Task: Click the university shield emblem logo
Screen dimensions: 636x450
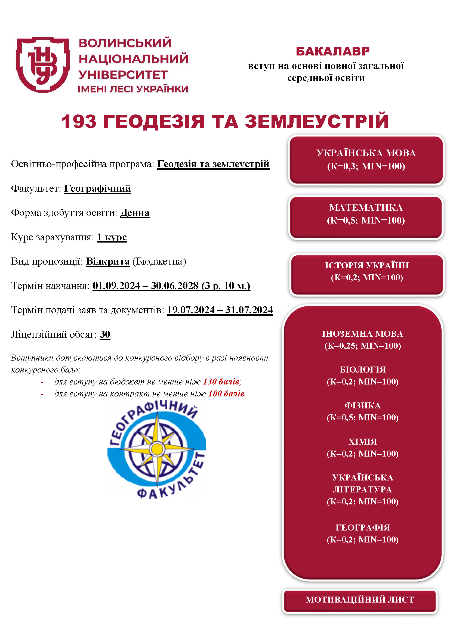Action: click(43, 64)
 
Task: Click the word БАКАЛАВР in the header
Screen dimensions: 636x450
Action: click(332, 51)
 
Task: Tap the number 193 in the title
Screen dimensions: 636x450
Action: click(79, 121)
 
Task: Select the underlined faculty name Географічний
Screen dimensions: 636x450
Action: click(98, 189)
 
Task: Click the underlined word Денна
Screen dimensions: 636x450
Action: click(135, 213)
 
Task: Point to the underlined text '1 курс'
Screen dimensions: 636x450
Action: click(112, 237)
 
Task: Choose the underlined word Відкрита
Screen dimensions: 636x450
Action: click(108, 261)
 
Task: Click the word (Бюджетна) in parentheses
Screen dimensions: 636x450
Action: click(159, 261)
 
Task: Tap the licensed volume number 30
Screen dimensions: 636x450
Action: click(105, 334)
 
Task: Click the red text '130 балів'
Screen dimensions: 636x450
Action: click(222, 382)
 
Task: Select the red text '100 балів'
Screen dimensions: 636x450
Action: click(227, 394)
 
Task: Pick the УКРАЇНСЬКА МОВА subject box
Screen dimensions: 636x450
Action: click(366, 160)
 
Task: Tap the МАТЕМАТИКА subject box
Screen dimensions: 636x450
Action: click(366, 214)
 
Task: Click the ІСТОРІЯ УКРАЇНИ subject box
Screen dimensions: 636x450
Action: click(367, 271)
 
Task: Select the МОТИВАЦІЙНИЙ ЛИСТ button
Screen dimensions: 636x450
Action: click(360, 600)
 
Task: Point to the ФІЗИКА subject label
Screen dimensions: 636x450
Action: click(362, 405)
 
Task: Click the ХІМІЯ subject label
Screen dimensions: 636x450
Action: click(362, 442)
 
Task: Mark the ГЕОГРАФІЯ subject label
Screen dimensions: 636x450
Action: click(362, 528)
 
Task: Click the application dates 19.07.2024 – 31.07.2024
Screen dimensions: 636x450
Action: click(220, 310)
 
